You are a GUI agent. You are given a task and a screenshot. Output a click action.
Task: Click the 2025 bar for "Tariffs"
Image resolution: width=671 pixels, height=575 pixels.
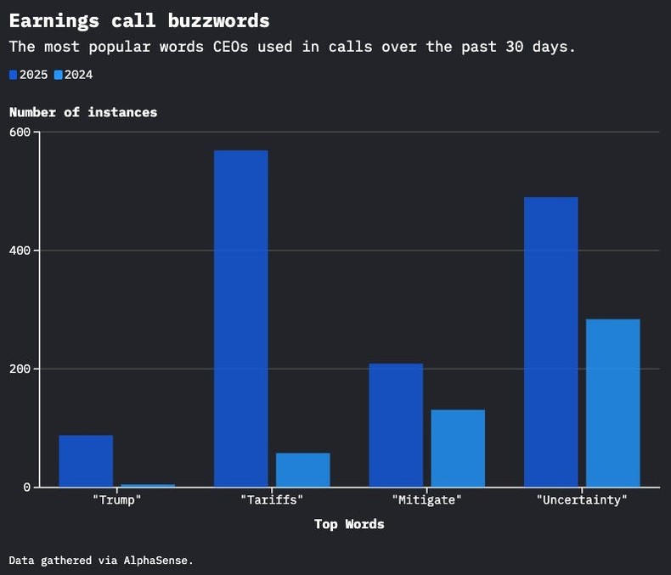pos(240,319)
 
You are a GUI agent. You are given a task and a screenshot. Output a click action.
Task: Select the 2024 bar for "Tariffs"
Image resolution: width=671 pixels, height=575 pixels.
pos(302,470)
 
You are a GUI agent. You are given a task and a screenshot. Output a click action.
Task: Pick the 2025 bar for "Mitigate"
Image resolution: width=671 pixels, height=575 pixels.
pos(396,425)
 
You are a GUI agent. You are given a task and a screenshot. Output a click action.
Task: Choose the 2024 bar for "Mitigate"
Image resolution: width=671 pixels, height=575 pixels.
pos(458,448)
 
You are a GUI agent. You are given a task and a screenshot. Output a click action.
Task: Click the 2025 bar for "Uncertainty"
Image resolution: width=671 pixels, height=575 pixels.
pos(550,341)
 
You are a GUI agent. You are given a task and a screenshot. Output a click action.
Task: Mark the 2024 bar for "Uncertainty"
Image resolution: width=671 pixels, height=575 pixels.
pos(612,403)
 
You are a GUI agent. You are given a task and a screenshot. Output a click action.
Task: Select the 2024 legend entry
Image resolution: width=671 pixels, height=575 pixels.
pos(73,75)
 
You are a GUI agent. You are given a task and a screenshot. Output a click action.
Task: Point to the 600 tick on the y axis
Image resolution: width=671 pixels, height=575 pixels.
pos(20,132)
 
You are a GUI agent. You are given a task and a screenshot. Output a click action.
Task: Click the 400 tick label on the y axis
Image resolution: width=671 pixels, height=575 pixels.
pos(20,251)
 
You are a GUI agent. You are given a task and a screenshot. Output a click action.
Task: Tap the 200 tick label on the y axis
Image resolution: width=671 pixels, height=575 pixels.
pos(20,369)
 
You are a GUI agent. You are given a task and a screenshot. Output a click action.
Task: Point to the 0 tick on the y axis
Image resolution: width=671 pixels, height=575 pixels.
pos(27,488)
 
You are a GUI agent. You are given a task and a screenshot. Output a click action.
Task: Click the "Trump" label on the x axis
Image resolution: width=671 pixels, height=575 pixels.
pos(116,500)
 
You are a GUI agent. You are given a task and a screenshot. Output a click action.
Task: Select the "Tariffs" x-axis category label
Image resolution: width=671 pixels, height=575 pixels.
pos(272,500)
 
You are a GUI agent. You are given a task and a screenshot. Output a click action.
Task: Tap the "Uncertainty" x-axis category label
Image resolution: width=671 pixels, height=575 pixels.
pos(582,500)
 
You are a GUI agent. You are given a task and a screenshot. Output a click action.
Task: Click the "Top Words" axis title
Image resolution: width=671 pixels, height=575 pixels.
pos(349,524)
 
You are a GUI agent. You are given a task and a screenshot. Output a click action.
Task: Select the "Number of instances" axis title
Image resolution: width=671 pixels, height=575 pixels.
pos(83,112)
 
